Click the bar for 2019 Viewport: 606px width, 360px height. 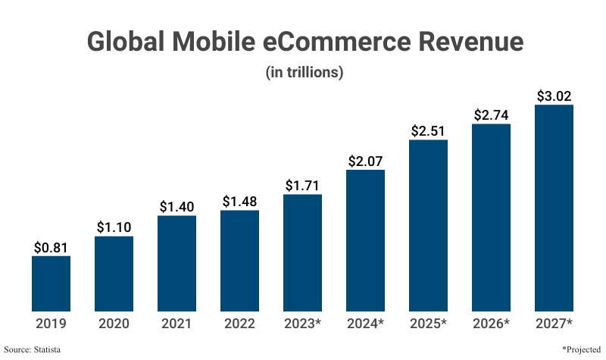[51, 283]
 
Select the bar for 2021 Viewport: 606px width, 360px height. [176, 263]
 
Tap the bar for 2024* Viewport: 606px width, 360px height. [365, 240]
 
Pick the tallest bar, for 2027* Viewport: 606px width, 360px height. [554, 208]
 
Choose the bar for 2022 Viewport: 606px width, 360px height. [239, 261]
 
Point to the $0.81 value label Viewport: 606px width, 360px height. [51, 247]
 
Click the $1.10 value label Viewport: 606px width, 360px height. [114, 227]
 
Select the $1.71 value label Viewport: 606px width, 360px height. [302, 186]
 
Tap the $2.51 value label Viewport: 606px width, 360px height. [428, 131]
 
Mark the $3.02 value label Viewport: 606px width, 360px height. [554, 96]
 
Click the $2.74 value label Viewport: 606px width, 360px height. [491, 115]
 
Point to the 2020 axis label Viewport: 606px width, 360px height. [114, 324]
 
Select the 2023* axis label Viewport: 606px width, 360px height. [302, 324]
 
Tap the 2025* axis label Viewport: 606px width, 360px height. [428, 324]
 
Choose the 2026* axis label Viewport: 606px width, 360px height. [491, 324]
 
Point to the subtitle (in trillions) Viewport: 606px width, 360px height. [303, 73]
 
